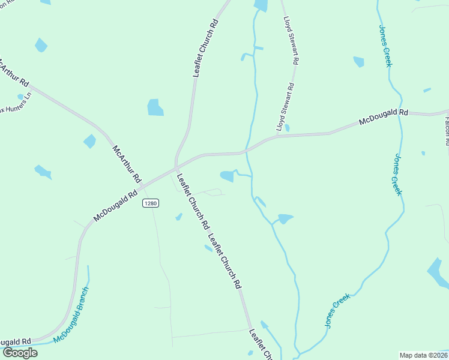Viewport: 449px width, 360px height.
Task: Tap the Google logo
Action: [x=19, y=353]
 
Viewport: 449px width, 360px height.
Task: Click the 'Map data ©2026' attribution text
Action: [x=423, y=355]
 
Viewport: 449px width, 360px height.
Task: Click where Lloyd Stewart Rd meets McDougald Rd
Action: [x=277, y=136]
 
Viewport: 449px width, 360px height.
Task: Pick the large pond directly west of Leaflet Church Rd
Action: [x=155, y=107]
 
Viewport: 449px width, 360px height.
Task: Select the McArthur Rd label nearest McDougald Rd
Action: [x=126, y=163]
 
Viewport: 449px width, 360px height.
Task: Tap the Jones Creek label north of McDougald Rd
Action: [x=385, y=46]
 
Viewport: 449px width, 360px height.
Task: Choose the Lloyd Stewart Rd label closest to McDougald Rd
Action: [x=285, y=107]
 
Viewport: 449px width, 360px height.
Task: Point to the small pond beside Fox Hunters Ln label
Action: [x=20, y=97]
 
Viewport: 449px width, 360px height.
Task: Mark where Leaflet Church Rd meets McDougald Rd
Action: [x=176, y=165]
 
